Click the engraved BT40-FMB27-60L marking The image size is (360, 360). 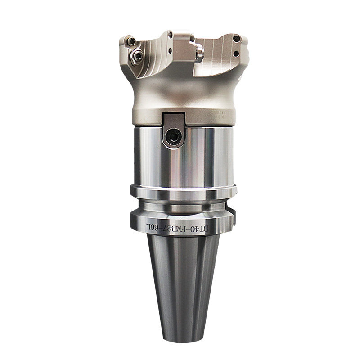177,228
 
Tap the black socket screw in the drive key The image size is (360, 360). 174,137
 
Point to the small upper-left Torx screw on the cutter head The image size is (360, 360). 132,41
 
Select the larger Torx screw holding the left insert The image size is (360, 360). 137,56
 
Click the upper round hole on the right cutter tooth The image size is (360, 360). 237,39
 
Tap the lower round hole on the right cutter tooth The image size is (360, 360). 236,54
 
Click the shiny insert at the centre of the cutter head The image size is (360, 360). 199,53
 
